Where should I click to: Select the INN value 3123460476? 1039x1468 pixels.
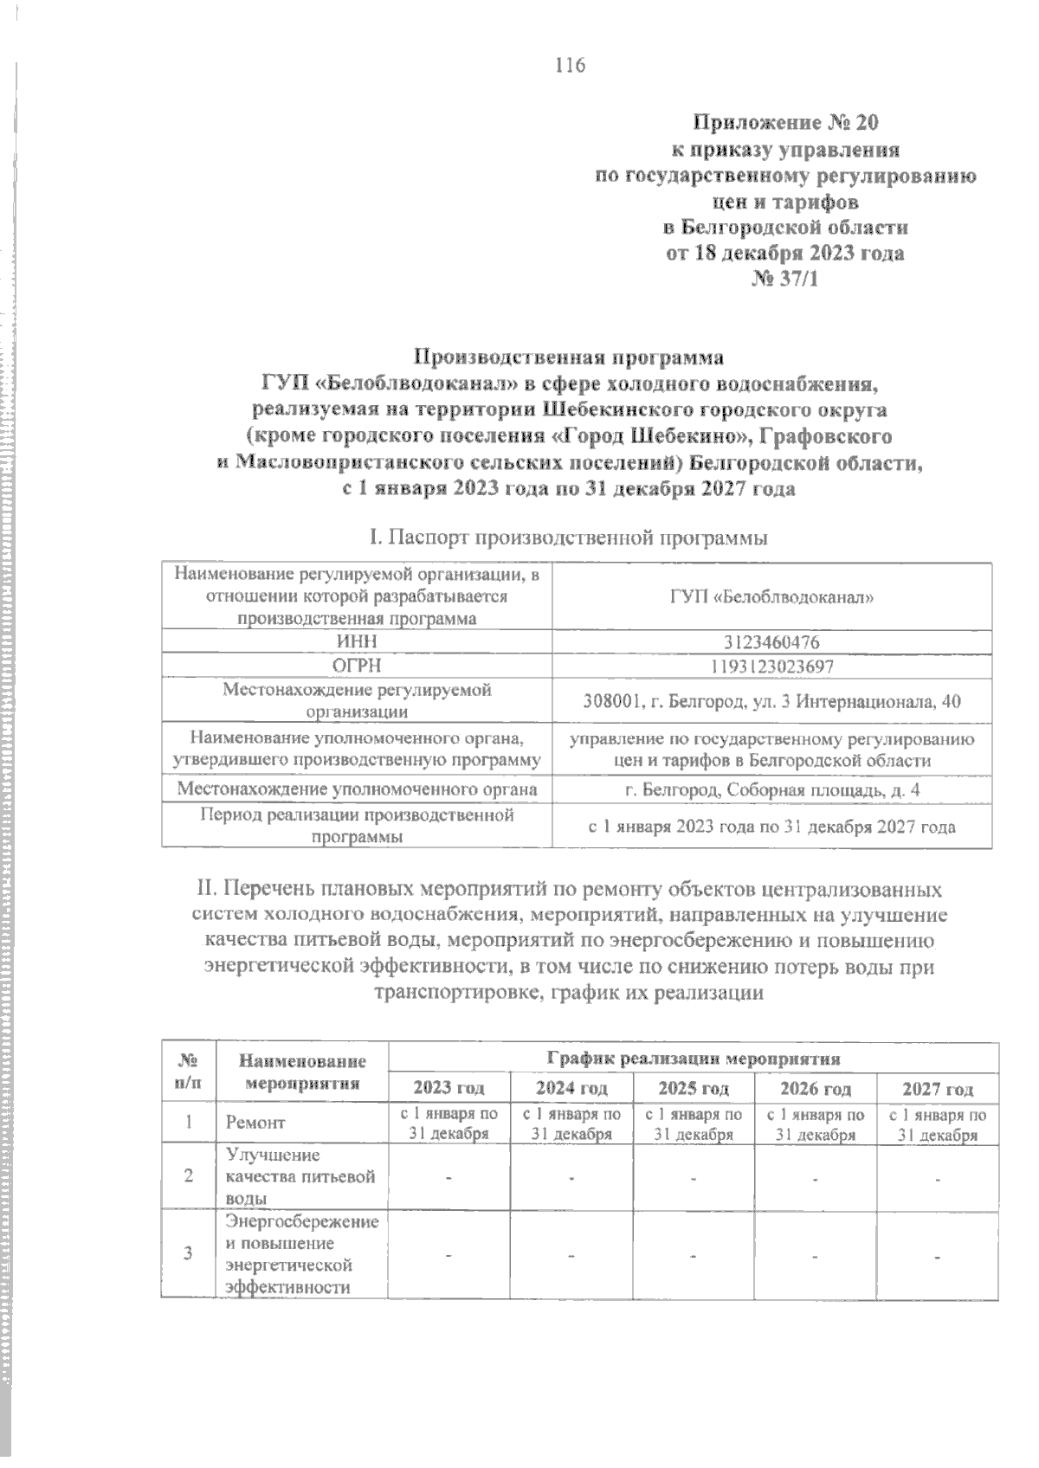771,641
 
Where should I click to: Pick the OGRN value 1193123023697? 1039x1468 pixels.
771,666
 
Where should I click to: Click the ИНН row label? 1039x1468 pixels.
357,641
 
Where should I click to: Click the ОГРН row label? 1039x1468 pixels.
357,666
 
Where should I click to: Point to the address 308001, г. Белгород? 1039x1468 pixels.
771,702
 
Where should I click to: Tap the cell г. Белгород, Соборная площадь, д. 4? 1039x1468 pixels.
771,790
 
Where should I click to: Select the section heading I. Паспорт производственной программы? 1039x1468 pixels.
568,538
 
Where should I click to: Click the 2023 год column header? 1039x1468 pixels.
449,1088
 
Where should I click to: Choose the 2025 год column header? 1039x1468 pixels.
694,1088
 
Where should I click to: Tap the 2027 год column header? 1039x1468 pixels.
938,1088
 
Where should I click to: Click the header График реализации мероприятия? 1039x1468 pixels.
694,1058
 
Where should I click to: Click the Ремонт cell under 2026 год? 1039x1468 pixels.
816,1124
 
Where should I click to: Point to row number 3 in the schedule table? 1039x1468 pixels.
188,1254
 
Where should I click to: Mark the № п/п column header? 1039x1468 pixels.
188,1072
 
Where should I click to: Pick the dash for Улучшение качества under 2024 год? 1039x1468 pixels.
571,1178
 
